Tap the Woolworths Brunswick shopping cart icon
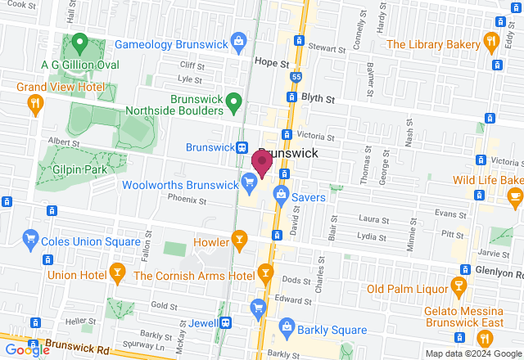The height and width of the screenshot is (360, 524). pyautogui.click(x=249, y=182)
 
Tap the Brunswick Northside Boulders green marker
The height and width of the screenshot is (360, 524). pyautogui.click(x=234, y=102)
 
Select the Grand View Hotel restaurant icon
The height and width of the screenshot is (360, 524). pyautogui.click(x=34, y=102)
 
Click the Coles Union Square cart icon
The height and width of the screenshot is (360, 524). pyautogui.click(x=31, y=238)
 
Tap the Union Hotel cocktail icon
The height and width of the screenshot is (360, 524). pyautogui.click(x=117, y=273)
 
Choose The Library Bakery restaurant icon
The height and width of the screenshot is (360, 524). pyautogui.click(x=491, y=40)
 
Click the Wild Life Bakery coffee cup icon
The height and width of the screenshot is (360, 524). pyautogui.click(x=514, y=196)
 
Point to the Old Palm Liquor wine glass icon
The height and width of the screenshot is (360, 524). pyautogui.click(x=458, y=286)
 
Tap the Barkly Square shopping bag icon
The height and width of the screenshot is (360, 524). pyautogui.click(x=287, y=327)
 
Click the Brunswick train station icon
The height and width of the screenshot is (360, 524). pyautogui.click(x=242, y=147)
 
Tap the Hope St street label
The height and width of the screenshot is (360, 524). pyautogui.click(x=273, y=62)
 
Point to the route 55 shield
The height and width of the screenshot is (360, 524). pyautogui.click(x=296, y=76)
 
